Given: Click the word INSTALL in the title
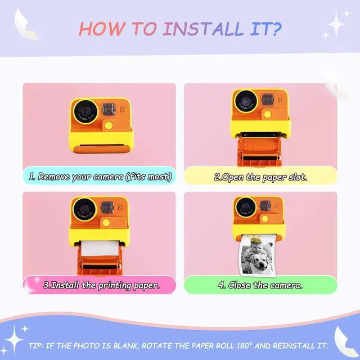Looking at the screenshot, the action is click(203, 29).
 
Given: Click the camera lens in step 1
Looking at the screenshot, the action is click(85, 112).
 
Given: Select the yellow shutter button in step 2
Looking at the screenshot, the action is click(268, 114).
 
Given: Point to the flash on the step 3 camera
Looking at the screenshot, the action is click(107, 207).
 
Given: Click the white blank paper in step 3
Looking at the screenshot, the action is click(100, 248).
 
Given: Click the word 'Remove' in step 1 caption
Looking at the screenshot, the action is click(53, 177).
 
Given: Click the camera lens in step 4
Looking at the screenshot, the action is click(246, 208).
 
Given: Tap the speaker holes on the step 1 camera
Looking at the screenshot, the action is click(121, 109).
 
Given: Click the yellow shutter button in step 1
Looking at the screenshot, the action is click(109, 125).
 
